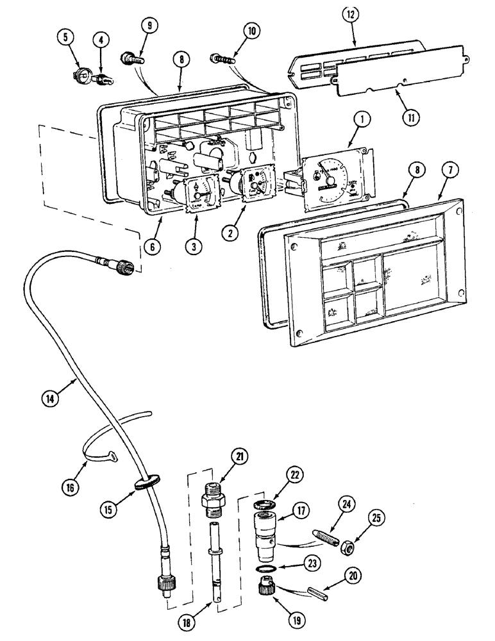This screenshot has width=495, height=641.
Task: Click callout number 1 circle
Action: point(362,119)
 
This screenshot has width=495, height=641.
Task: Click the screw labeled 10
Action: point(222,60)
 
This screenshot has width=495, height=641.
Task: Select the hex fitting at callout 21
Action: point(213,498)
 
